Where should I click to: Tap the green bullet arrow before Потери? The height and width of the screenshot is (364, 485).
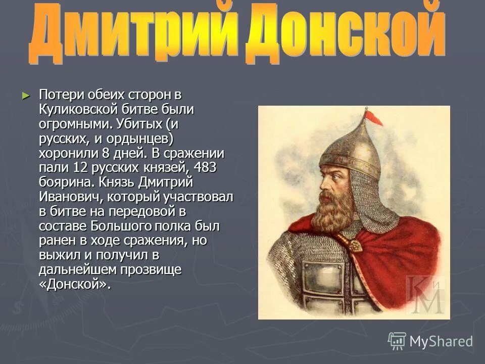point(26,95)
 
